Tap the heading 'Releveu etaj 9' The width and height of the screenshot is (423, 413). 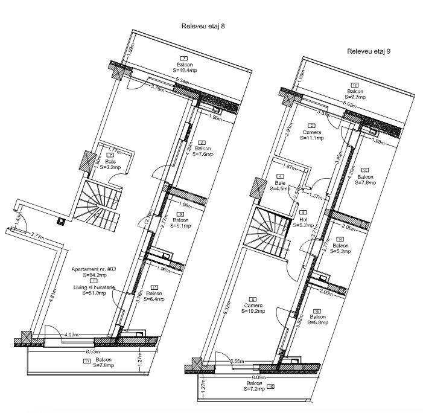[x=369, y=52]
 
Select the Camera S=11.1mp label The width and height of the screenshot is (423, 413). [x=312, y=138]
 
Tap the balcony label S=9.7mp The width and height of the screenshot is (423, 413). [x=355, y=96]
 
